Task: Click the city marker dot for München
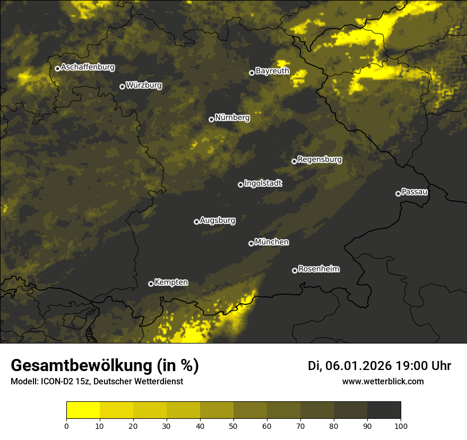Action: click(x=252, y=243)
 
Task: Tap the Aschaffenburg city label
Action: click(x=88, y=67)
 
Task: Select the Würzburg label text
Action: click(x=144, y=85)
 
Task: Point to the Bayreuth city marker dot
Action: click(x=252, y=73)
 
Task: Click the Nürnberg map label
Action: click(x=232, y=118)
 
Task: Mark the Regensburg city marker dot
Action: click(x=295, y=161)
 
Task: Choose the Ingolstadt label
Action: click(x=263, y=183)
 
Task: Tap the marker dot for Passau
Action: click(x=398, y=193)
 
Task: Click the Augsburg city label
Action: click(x=218, y=221)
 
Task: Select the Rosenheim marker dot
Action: click(x=295, y=270)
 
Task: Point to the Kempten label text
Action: click(x=171, y=283)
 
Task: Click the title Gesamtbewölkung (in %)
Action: click(x=105, y=366)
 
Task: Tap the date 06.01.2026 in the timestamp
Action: click(x=359, y=366)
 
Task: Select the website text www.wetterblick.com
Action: click(x=383, y=381)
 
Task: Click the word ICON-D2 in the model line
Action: click(x=55, y=381)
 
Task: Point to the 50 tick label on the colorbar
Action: click(x=233, y=425)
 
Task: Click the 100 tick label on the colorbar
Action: click(x=401, y=425)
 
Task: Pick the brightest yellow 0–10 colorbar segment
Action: click(x=83, y=410)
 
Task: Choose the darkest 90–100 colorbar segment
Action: click(x=384, y=410)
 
